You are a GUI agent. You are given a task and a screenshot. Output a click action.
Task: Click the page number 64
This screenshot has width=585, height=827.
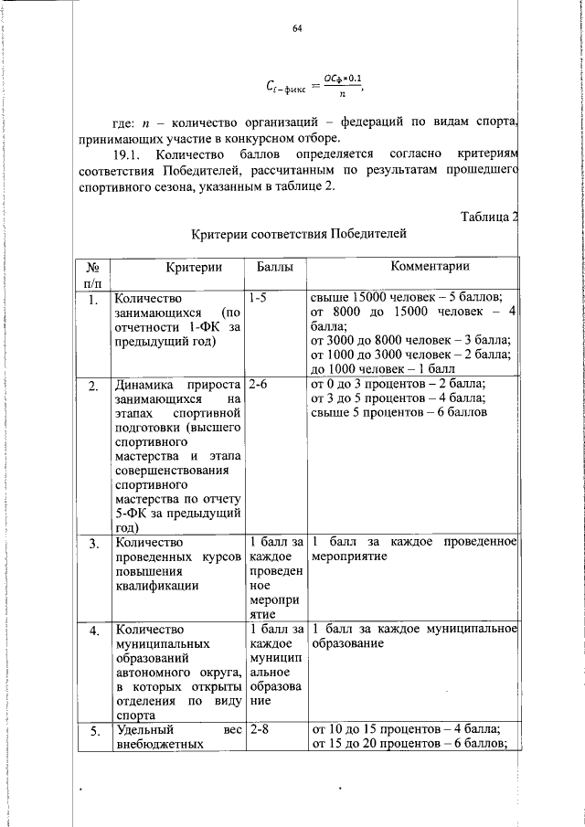(x=297, y=29)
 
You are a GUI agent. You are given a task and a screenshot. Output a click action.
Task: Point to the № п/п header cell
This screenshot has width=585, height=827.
(x=92, y=274)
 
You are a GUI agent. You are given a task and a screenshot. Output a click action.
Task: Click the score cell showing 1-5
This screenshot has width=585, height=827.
(x=258, y=298)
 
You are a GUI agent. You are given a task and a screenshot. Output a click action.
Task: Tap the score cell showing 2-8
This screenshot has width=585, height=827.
(x=258, y=729)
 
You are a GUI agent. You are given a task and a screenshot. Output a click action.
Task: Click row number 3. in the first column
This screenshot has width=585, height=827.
(x=93, y=544)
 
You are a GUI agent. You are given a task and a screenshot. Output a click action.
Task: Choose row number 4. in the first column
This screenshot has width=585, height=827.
(x=93, y=631)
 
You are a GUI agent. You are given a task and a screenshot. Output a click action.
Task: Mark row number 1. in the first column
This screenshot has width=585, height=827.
(x=93, y=299)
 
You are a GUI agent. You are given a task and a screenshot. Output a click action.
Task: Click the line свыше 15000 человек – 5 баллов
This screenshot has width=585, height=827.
(x=406, y=298)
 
